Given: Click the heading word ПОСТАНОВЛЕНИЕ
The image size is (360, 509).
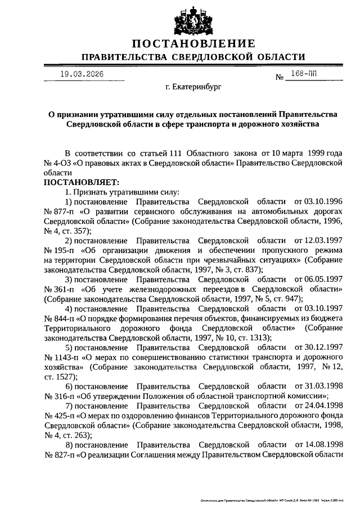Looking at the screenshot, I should pos(193,43).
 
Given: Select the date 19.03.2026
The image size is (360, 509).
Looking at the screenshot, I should pos(82,74).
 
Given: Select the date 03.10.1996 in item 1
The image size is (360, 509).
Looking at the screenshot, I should pos(319,201).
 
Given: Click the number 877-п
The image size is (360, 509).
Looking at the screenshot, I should pos(60,211).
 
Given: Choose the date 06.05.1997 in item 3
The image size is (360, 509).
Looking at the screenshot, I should pos(319,279).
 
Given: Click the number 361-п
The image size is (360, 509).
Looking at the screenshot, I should pos(60,289).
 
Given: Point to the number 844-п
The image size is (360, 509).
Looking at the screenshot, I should pos(60,318).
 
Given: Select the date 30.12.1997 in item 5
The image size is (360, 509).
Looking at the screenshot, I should pos(319,347).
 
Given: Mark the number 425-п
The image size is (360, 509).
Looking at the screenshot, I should pos(60,415).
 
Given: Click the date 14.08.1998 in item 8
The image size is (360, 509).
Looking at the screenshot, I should pos(319,444).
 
